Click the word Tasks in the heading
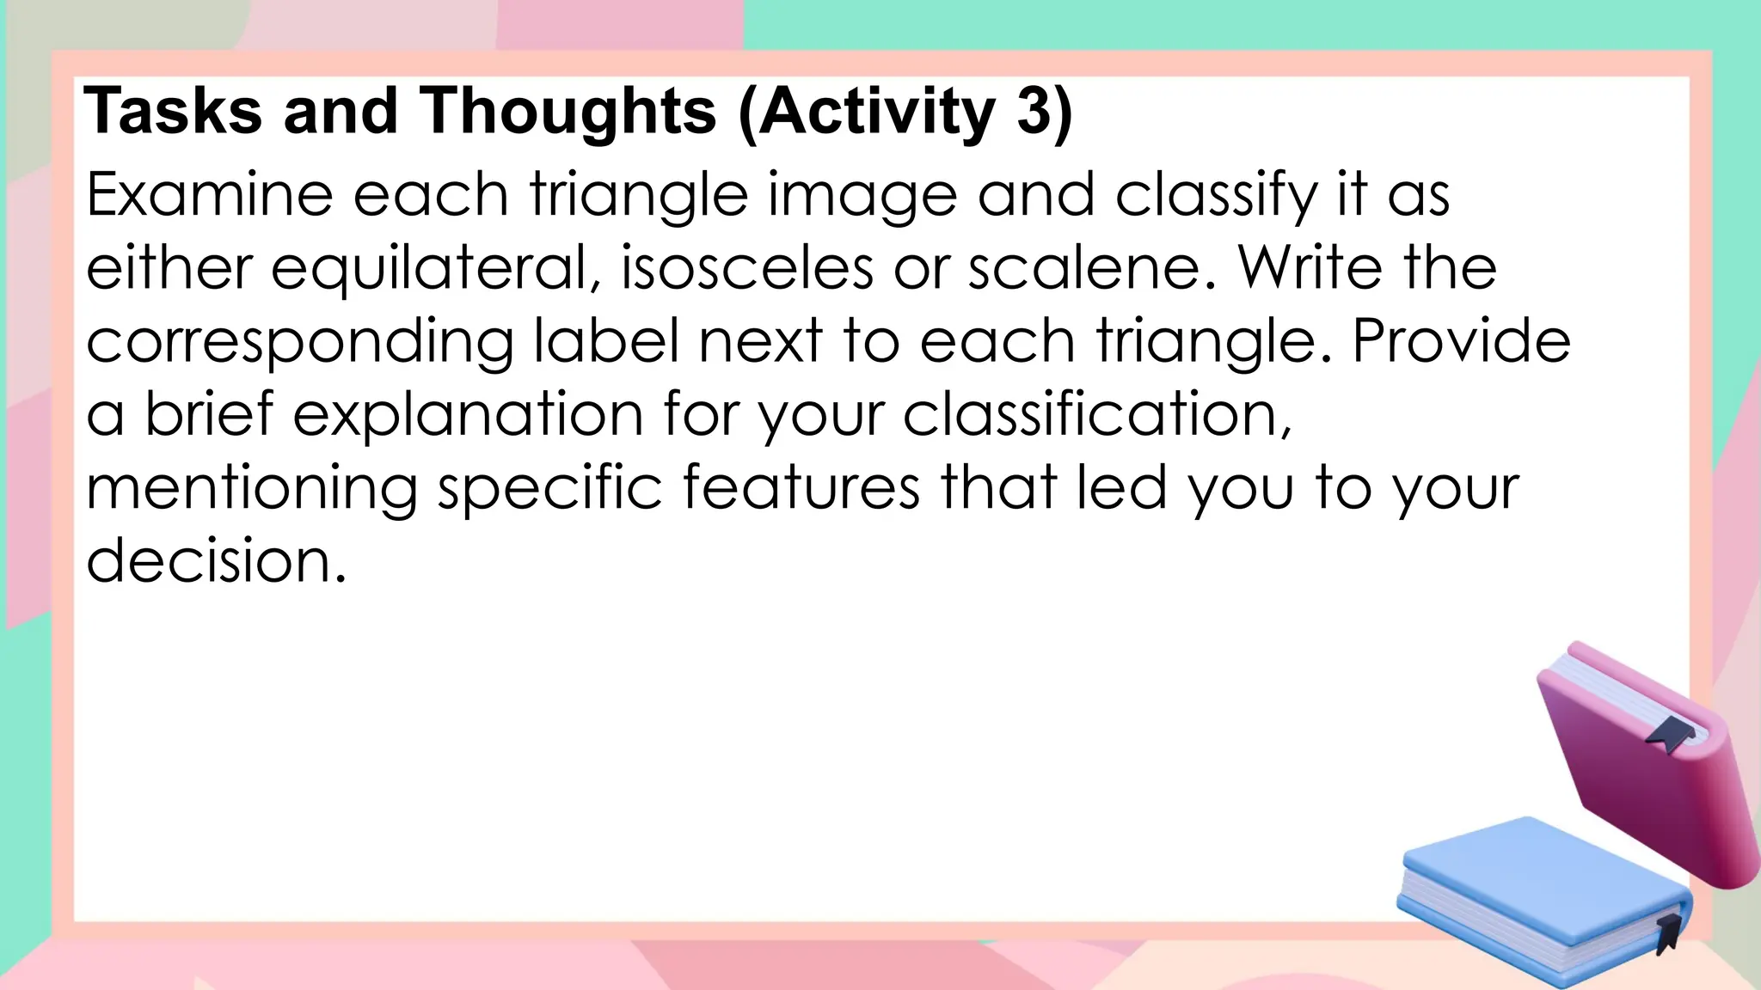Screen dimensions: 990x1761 tap(173, 112)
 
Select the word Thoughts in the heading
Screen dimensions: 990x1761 tap(568, 112)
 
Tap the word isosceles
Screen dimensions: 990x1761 tap(746, 268)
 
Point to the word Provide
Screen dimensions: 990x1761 tap(1461, 341)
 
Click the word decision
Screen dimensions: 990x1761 tap(215, 561)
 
